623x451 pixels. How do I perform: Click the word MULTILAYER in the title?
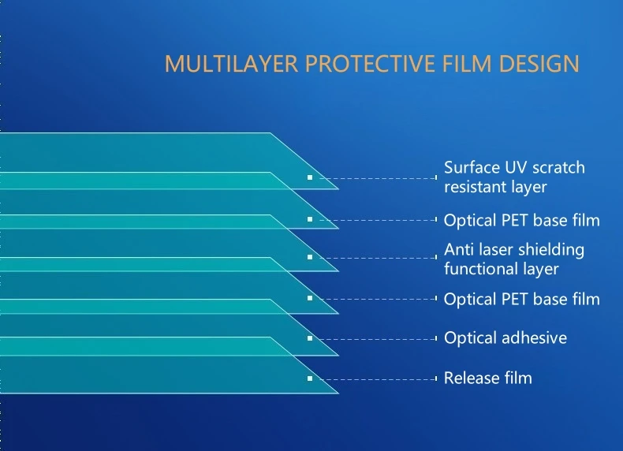pos(231,64)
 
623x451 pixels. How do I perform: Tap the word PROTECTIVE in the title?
pos(370,64)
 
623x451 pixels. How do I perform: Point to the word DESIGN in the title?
pos(539,64)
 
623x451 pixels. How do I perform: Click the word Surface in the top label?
pos(471,167)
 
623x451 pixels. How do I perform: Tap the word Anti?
pos(458,249)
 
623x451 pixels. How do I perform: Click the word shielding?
pos(551,250)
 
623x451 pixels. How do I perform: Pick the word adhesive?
pos(534,337)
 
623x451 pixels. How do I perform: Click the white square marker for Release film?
pos(310,378)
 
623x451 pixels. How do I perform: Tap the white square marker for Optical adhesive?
pos(310,338)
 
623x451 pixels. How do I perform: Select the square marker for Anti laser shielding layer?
pos(310,257)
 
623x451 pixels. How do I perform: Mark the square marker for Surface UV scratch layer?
pos(310,177)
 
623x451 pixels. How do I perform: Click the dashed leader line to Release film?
pos(378,379)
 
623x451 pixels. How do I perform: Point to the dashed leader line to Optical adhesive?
pos(378,339)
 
